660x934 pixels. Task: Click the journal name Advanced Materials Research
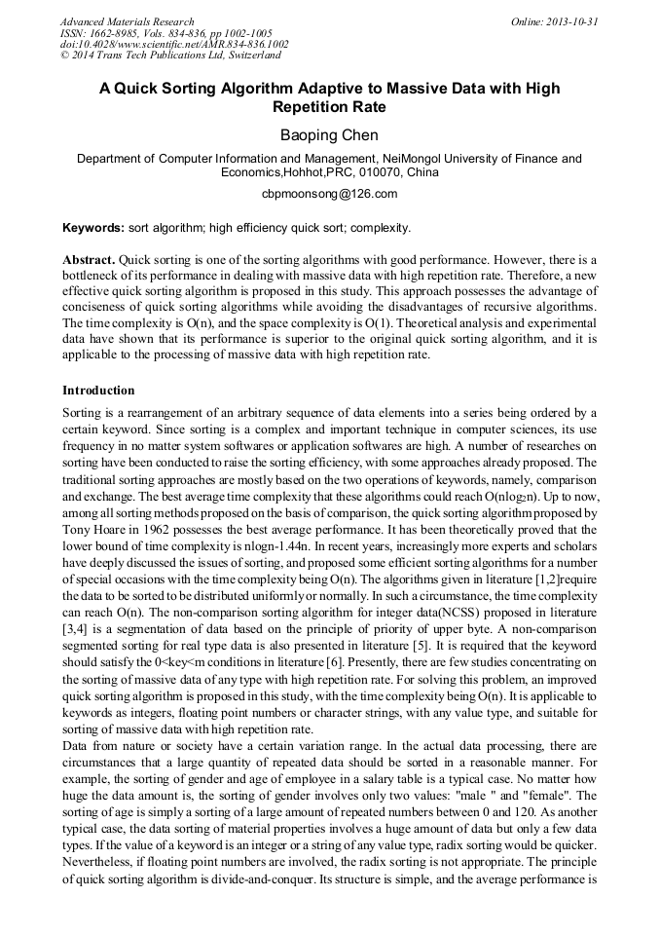[127, 21]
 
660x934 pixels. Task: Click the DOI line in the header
[173, 44]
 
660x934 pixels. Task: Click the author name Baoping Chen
[329, 134]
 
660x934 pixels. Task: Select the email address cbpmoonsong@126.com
[329, 193]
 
